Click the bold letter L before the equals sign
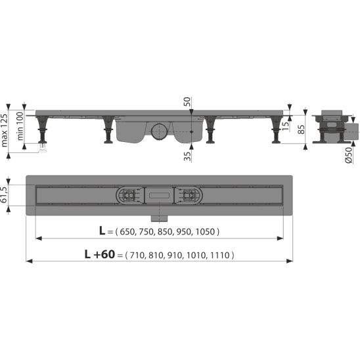101,231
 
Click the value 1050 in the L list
205,232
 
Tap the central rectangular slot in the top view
160,194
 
